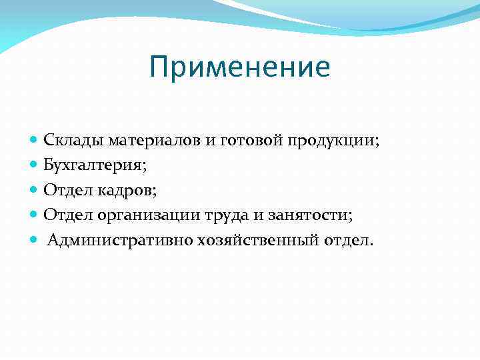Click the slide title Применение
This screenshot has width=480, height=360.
coord(240,68)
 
